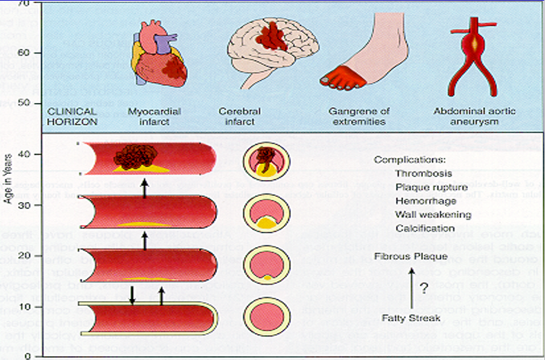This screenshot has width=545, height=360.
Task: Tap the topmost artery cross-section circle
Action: [265, 162]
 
